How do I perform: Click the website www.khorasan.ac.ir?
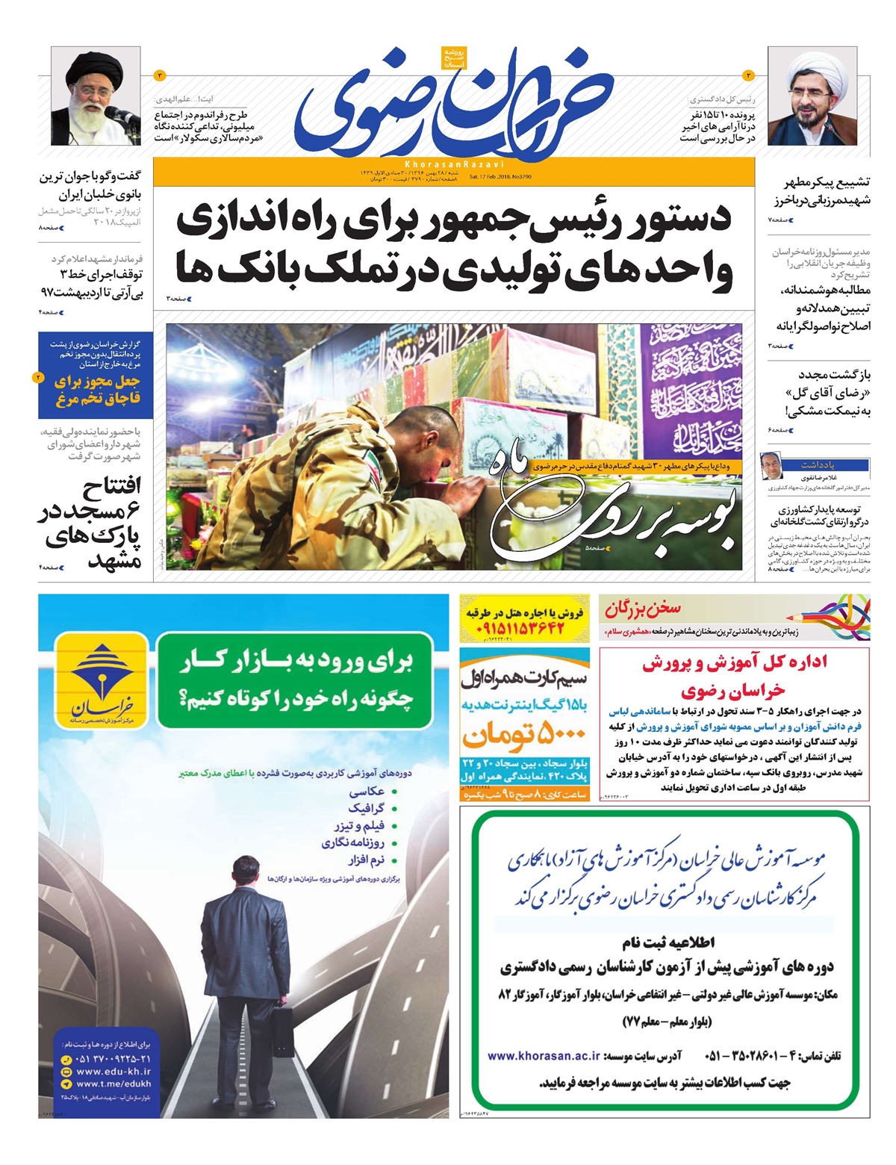(544, 1056)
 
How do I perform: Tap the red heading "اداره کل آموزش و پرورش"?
(734, 662)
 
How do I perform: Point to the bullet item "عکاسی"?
(367, 791)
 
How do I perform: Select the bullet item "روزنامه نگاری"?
(352, 843)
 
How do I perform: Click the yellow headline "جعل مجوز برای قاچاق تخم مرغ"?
(96, 390)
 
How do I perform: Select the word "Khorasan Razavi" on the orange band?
(454, 164)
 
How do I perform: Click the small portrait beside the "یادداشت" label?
(771, 465)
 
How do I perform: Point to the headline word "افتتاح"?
(112, 488)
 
